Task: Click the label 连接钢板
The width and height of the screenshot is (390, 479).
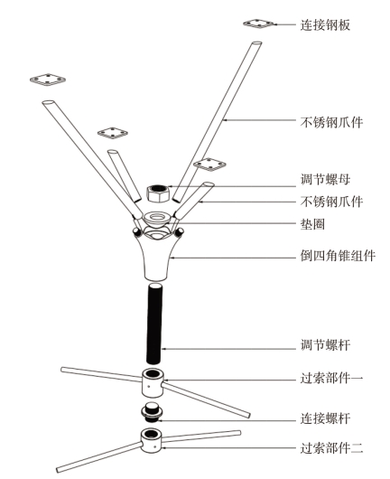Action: click(325, 24)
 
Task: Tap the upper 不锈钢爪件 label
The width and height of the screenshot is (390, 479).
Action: click(331, 122)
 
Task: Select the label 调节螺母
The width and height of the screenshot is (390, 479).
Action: click(325, 179)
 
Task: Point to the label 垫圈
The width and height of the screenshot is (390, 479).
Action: click(312, 224)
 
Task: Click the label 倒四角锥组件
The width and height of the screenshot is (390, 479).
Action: click(338, 256)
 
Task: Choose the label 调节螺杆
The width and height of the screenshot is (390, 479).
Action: click(325, 345)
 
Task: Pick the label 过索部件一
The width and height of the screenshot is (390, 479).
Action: click(331, 379)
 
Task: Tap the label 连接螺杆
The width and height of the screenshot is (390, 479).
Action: click(325, 418)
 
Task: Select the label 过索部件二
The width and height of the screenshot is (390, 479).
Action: click(331, 448)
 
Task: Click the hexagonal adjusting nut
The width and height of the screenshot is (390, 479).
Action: click(158, 193)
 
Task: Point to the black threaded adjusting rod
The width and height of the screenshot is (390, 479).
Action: click(154, 324)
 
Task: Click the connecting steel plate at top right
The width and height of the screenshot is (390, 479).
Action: click(259, 23)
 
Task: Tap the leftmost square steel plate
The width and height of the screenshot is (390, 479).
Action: click(48, 80)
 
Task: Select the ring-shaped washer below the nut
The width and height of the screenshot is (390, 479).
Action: click(157, 219)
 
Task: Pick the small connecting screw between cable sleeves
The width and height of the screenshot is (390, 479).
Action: click(153, 412)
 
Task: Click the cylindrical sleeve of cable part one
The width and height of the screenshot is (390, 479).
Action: click(153, 383)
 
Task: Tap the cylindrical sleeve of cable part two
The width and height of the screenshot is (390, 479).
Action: click(152, 440)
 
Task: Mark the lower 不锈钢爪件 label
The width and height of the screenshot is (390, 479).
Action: click(331, 202)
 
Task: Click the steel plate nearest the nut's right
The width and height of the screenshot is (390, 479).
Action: click(209, 164)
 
